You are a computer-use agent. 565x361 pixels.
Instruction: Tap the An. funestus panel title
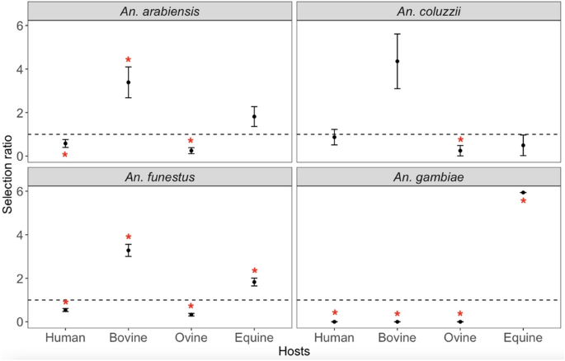pos(159,176)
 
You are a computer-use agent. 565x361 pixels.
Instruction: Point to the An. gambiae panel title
pos(428,176)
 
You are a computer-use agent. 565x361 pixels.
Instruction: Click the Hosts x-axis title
pos(294,352)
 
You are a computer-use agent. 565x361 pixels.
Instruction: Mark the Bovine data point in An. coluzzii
pos(397,61)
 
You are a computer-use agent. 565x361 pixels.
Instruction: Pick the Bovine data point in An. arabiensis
pos(128,82)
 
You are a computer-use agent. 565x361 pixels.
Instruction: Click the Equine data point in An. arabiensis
pos(254,116)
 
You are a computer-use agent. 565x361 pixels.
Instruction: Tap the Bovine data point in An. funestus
pos(128,250)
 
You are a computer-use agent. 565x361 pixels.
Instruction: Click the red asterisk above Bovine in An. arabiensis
pos(128,61)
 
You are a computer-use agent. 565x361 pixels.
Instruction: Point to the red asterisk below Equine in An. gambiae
pos(523,202)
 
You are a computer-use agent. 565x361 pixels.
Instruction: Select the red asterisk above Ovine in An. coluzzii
pos(460,141)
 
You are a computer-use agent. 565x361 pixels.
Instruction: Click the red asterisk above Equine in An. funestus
pos(254,272)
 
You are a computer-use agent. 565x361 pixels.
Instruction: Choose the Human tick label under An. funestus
pos(65,337)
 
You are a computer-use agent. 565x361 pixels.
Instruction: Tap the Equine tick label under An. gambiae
pos(523,337)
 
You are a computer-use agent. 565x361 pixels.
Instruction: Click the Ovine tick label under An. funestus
pos(191,337)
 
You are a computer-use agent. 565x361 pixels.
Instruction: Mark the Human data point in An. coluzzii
pos(334,137)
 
